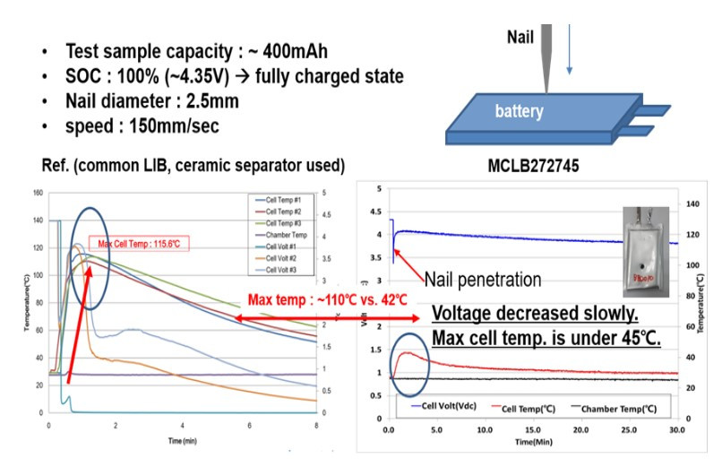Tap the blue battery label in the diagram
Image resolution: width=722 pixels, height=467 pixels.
[521, 112]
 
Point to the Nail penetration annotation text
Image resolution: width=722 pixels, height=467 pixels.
[483, 280]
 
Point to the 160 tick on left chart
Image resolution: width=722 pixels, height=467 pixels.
[36, 192]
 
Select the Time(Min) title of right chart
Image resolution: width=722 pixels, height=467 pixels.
[532, 442]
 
